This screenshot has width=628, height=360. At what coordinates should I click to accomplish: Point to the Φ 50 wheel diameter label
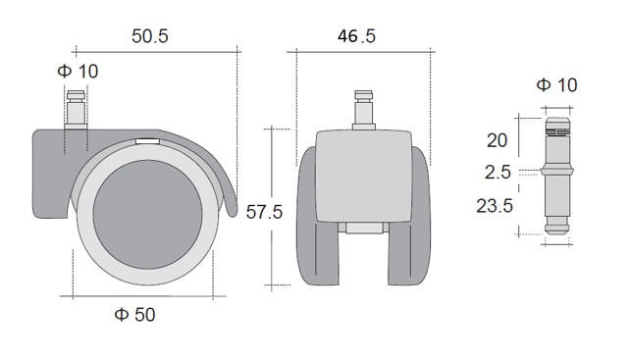click(x=134, y=315)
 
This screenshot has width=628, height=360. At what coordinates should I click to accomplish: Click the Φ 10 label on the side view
click(x=78, y=71)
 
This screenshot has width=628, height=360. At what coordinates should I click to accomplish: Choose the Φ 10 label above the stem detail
click(x=557, y=86)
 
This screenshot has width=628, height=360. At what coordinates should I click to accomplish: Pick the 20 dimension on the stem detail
click(x=497, y=140)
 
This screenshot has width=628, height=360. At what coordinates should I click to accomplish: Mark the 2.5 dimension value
click(x=497, y=174)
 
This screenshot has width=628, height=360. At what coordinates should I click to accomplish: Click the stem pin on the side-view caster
click(x=76, y=105)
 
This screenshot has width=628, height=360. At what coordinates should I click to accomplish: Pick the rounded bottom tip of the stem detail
click(x=556, y=231)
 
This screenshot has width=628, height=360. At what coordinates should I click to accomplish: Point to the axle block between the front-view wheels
click(x=363, y=231)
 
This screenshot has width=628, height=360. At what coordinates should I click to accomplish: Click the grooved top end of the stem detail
click(x=556, y=126)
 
